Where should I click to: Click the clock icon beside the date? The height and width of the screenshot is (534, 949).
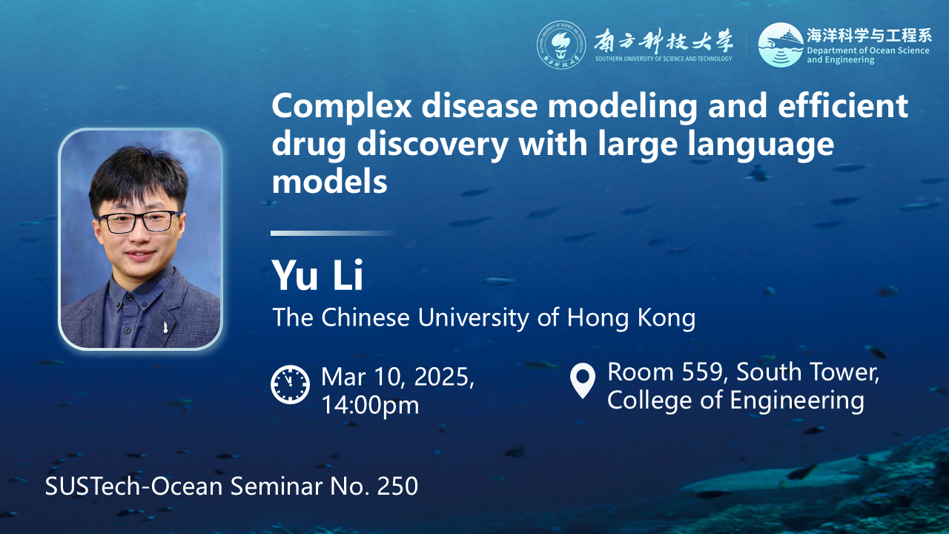coord(290,384)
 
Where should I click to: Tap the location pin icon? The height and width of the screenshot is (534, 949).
coord(583,380)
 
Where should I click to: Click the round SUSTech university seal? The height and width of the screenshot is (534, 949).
coord(561,45)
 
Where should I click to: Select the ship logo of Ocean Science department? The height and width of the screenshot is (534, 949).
coord(781,44)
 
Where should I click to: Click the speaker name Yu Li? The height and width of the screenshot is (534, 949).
coord(317,275)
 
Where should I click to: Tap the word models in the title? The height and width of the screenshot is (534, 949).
coord(330,182)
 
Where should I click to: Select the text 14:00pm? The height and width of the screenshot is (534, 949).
coord(370,405)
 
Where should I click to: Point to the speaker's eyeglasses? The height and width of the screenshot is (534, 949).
coord(139,222)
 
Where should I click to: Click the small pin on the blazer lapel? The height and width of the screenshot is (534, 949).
coord(165,326)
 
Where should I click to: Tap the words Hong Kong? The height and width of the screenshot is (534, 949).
coord(631,317)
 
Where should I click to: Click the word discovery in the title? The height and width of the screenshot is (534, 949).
coord(432,144)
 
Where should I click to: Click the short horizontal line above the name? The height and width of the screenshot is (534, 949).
coord(332,233)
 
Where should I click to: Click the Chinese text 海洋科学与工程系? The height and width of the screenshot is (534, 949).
coord(869,36)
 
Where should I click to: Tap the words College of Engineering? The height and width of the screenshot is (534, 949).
coord(735,400)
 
